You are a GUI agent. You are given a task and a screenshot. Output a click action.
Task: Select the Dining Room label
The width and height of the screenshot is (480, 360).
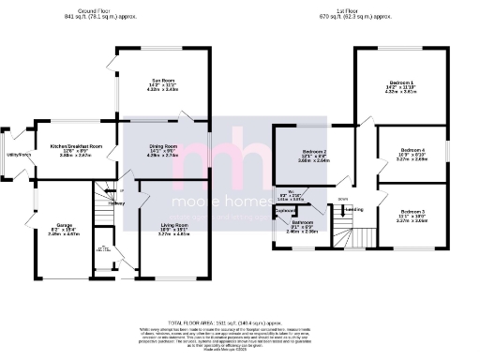[x=163, y=146]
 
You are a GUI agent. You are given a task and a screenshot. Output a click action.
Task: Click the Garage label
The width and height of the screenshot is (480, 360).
[x=48, y=226]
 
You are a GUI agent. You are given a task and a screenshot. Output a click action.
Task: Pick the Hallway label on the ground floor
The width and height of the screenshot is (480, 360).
[x=116, y=203]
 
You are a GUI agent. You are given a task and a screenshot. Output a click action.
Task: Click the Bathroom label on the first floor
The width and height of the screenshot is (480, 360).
[x=301, y=221]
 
